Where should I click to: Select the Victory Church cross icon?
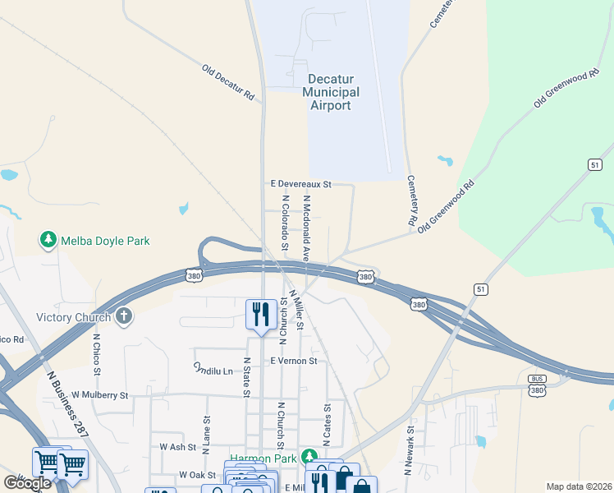point(124,316)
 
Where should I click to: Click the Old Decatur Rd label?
point(228,82)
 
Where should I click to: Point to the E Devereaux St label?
point(300,184)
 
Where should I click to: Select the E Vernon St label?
point(293,361)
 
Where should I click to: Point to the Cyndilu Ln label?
point(213,370)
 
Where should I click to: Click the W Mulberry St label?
point(100,395)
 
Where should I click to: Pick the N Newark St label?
point(408,451)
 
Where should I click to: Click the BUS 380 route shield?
point(538,385)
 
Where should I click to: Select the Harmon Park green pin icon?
point(309,457)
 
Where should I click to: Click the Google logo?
point(28,482)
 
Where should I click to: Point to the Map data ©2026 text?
point(579,486)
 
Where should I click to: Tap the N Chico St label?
point(97,354)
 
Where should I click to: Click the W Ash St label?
point(178,447)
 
